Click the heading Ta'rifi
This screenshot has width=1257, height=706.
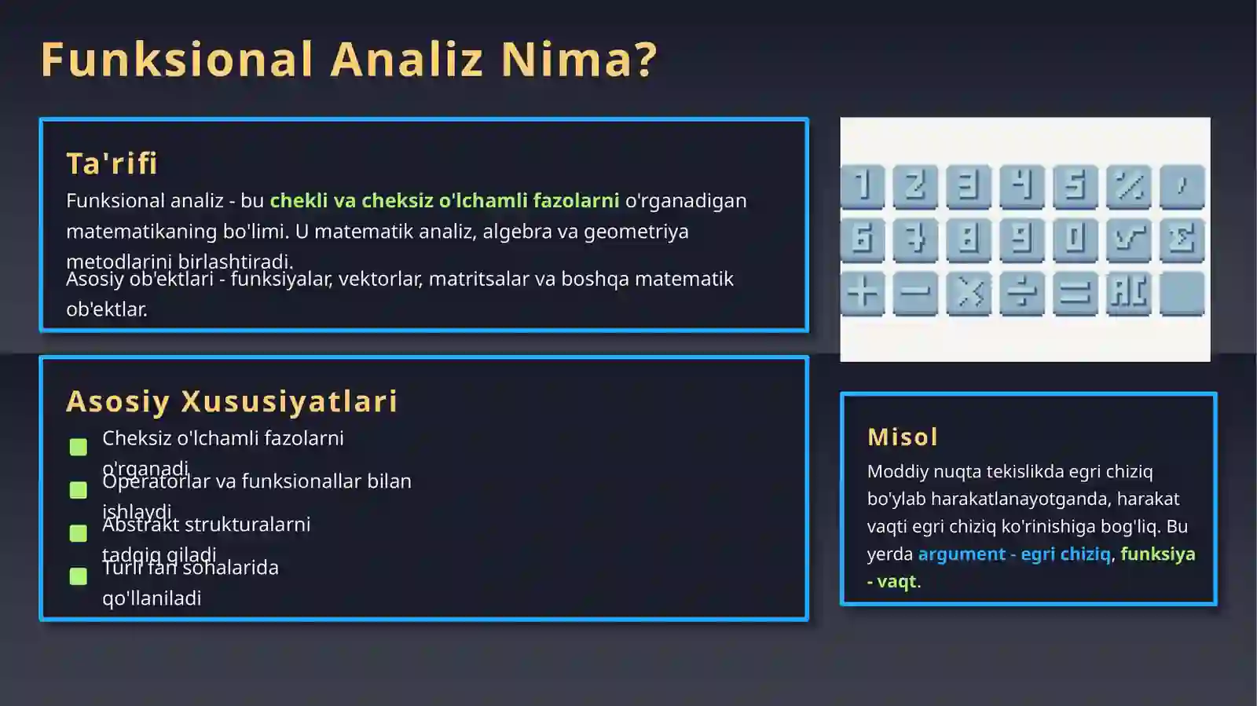[112, 163]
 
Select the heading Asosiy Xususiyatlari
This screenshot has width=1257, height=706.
[232, 401]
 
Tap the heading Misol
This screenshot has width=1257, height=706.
[903, 437]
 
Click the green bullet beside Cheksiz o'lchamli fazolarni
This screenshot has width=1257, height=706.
[79, 447]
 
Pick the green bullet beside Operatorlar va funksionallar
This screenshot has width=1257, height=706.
[79, 490]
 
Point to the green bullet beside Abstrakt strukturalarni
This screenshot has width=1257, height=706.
[79, 533]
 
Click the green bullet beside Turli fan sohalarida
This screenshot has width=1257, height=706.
[79, 576]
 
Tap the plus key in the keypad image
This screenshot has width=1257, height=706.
[863, 293]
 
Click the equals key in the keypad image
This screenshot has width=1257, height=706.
[1075, 293]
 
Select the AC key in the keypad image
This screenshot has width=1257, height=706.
[1128, 293]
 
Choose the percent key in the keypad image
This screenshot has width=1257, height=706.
[1128, 186]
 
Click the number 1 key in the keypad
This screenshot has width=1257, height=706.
[863, 186]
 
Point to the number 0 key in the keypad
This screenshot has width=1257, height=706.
[1075, 240]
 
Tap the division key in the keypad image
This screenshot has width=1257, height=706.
[1021, 293]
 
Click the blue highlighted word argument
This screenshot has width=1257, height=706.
[962, 554]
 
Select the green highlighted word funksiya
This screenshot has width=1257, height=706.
[1157, 554]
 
